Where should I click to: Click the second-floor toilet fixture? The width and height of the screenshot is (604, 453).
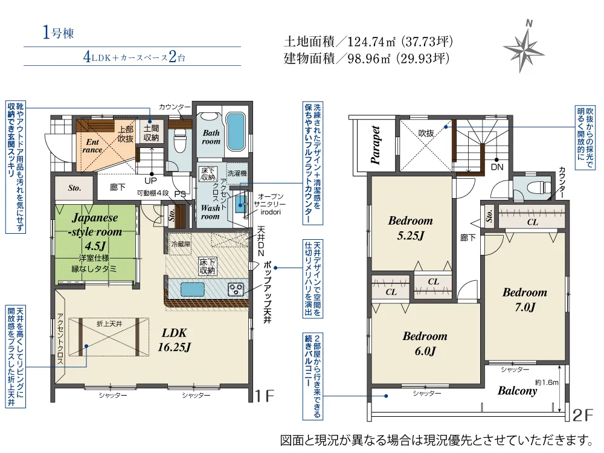tap(537, 187)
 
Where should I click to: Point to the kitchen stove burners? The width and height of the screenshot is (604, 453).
tap(235, 289)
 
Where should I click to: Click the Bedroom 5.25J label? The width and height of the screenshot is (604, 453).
tap(411, 228)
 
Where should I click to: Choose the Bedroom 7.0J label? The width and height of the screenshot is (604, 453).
tap(525, 300)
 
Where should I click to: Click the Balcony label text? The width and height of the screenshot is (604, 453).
tap(517, 391)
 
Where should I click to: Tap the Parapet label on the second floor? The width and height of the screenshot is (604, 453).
tap(376, 145)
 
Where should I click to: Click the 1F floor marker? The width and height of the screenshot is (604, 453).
tap(264, 396)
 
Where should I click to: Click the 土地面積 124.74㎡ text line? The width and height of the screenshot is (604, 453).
tap(368, 42)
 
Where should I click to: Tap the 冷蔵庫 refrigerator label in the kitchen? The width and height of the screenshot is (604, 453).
tap(180, 245)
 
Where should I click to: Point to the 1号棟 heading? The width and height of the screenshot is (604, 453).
tap(58, 33)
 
